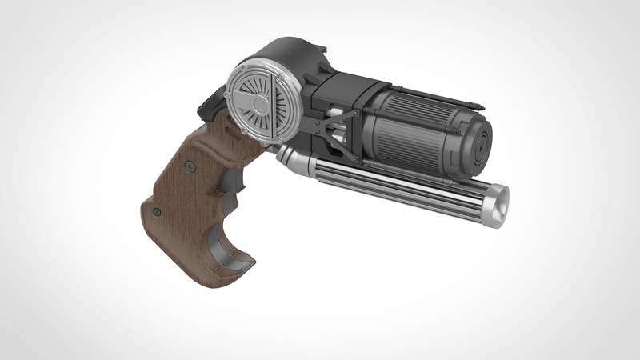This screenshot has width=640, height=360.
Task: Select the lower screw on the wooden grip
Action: pyautogui.click(x=158, y=211)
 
